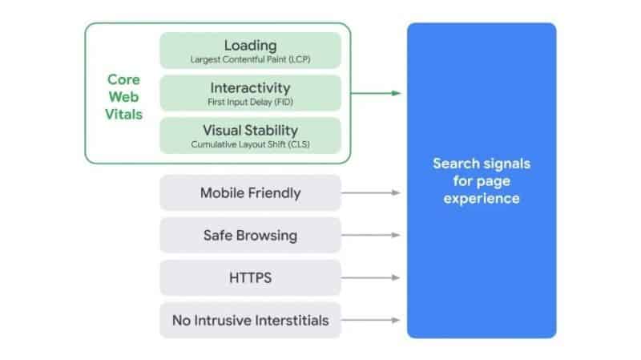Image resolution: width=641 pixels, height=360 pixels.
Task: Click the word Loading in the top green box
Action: pyautogui.click(x=250, y=46)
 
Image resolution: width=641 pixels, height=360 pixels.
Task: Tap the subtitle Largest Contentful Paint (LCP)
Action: pyautogui.click(x=250, y=59)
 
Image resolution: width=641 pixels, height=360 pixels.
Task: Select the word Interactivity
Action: pyautogui.click(x=250, y=87)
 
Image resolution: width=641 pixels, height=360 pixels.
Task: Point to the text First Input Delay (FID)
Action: pyautogui.click(x=250, y=102)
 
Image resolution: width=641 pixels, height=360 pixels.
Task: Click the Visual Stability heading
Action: pyautogui.click(x=250, y=130)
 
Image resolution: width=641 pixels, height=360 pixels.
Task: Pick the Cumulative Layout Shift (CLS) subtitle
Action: pyautogui.click(x=250, y=144)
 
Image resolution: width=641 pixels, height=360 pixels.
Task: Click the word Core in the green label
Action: pyautogui.click(x=123, y=79)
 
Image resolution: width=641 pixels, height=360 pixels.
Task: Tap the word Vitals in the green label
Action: pyautogui.click(x=123, y=114)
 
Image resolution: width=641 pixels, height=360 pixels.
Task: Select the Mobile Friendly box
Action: pyautogui.click(x=250, y=192)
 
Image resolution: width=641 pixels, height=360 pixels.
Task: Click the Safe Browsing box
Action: pyautogui.click(x=250, y=235)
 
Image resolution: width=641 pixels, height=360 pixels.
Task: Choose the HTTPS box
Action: pyautogui.click(x=250, y=277)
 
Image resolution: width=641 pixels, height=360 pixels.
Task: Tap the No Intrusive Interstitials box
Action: pyautogui.click(x=250, y=321)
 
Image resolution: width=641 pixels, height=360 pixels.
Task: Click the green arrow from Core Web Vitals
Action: pyautogui.click(x=376, y=93)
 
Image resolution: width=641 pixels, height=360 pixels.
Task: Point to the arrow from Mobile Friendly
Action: pyautogui.click(x=370, y=192)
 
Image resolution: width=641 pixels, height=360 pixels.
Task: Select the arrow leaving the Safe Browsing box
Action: pyautogui.click(x=370, y=235)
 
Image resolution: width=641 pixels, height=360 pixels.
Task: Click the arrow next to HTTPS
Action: pyautogui.click(x=370, y=277)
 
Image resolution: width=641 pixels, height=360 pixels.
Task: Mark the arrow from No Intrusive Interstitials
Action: pyautogui.click(x=370, y=321)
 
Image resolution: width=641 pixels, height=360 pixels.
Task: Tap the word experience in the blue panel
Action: pyautogui.click(x=482, y=199)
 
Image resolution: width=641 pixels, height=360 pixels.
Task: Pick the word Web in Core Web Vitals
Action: pyautogui.click(x=123, y=97)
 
